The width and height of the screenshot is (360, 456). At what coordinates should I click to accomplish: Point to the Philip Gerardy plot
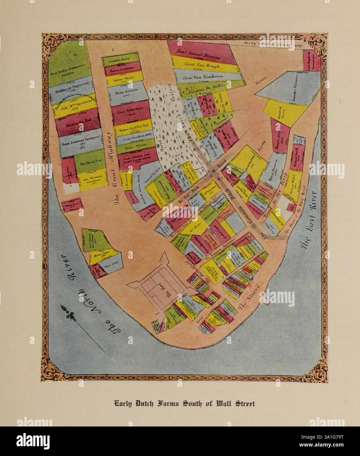click(x=126, y=93)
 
